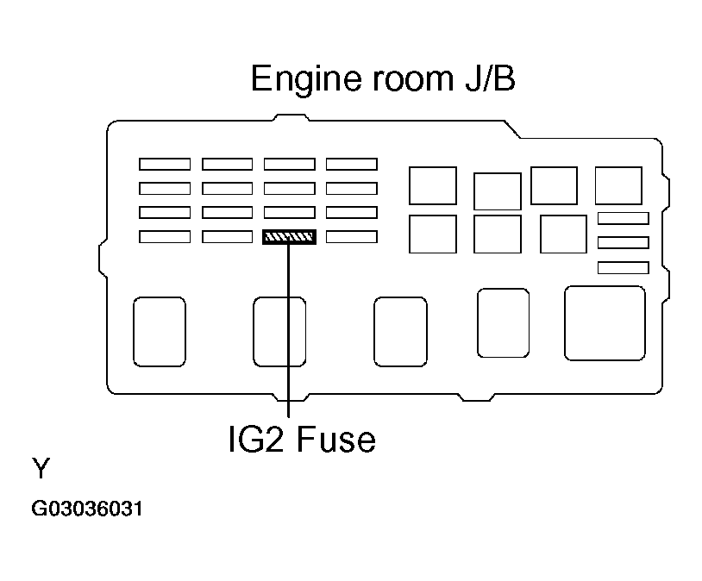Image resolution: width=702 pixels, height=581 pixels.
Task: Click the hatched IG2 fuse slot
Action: [x=290, y=237]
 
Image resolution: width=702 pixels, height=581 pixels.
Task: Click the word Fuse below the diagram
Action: [x=337, y=440]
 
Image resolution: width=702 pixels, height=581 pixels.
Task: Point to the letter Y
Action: [x=41, y=470]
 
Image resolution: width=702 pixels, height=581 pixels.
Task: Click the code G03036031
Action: [x=87, y=509]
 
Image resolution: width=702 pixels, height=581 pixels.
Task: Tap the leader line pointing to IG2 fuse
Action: [x=290, y=336]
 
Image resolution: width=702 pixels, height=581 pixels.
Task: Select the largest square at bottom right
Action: [x=605, y=323]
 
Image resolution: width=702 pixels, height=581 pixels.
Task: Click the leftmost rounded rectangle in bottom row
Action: [x=160, y=331]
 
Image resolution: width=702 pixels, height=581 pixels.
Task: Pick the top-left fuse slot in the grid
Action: [x=165, y=164]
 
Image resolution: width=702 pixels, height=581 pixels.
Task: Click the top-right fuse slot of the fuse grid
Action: [x=352, y=164]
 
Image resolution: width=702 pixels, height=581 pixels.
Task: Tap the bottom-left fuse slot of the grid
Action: [x=165, y=236]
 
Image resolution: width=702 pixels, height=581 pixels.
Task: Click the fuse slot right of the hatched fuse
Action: [x=352, y=236]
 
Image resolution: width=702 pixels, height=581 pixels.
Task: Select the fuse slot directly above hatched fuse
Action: [x=290, y=212]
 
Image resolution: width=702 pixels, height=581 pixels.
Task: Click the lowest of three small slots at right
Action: [x=623, y=268]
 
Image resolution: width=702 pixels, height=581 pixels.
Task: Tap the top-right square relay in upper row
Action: [x=618, y=185]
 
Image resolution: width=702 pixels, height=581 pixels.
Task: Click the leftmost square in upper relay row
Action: [x=433, y=185]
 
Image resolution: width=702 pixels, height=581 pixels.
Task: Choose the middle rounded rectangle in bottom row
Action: [x=400, y=332]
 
